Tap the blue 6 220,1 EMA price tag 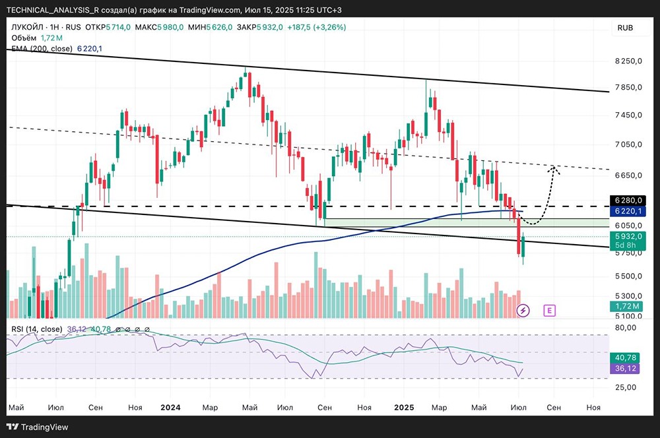click(x=627, y=211)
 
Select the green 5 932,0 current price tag click(x=627, y=236)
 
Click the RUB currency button click(x=625, y=27)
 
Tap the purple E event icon click(x=549, y=309)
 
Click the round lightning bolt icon click(x=523, y=309)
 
